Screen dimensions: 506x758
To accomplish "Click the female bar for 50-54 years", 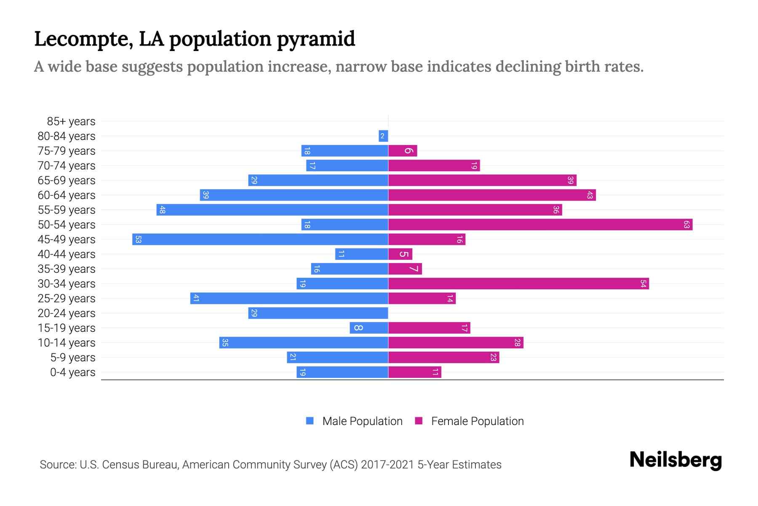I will [x=540, y=225].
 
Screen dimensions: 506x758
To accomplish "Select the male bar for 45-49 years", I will [x=260, y=240].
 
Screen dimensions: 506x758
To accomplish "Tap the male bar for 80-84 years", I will [x=383, y=136].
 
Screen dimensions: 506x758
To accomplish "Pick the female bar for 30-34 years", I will [x=518, y=284].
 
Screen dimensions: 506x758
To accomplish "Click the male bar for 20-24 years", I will [x=318, y=313].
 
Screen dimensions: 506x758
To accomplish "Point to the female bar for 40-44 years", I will [x=400, y=254].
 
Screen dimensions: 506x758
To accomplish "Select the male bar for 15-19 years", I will [x=368, y=328].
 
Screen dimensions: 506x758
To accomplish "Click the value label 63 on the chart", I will [x=686, y=225].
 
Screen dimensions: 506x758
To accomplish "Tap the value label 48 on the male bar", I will [x=162, y=210].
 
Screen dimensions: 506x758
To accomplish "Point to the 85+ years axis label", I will [x=71, y=121].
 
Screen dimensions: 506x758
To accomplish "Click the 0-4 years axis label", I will [x=72, y=372].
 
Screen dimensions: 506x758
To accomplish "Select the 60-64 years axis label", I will [x=67, y=195].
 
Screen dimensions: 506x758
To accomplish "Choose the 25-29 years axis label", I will [x=67, y=299].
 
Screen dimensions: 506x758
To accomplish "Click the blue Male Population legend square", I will [x=310, y=421].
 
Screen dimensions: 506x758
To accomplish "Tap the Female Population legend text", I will [x=477, y=421].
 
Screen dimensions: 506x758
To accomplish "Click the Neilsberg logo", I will [x=675, y=460].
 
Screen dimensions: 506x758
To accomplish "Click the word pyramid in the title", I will [x=316, y=39].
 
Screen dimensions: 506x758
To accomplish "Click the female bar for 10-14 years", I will [x=456, y=343].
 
